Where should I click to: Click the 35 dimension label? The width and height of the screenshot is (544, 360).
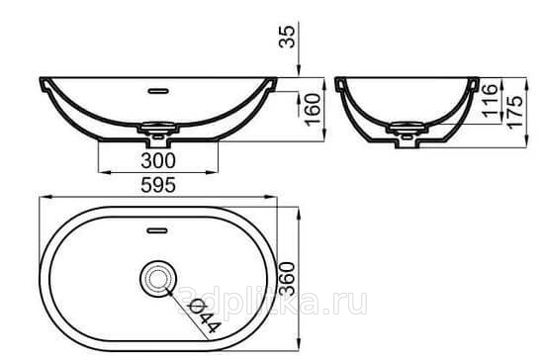[x=287, y=37]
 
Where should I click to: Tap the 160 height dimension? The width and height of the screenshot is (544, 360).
[x=313, y=109]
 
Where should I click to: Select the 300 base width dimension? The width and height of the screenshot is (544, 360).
[x=158, y=160]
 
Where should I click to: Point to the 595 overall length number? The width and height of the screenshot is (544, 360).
[x=158, y=185]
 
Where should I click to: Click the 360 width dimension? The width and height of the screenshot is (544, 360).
[x=287, y=279]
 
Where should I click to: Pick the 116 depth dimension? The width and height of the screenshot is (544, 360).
[x=490, y=100]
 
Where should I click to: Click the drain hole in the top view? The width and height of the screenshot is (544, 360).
[x=158, y=279]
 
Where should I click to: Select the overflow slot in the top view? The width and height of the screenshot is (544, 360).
[x=157, y=230]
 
